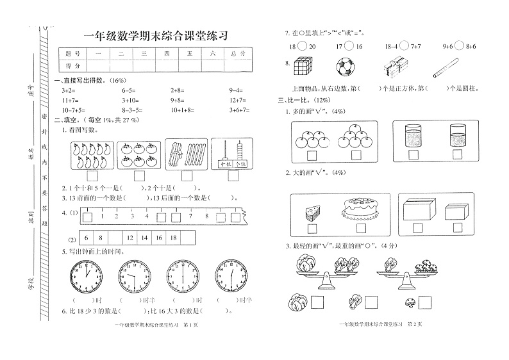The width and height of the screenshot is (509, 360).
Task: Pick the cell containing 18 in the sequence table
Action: click(172, 238)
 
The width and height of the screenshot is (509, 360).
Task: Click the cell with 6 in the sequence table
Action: click(86, 238)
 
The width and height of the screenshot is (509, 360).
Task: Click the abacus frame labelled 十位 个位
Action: click(233, 154)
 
